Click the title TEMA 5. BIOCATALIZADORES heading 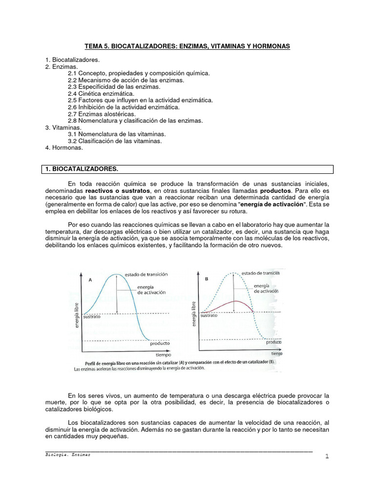187,46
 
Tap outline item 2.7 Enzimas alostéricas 102,114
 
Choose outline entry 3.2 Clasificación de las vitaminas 115,141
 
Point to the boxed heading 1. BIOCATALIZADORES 82,169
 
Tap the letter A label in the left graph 91,280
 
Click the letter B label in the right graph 207,279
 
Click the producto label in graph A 159,343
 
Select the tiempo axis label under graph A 163,355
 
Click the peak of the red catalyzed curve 236,301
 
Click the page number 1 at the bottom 326,456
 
